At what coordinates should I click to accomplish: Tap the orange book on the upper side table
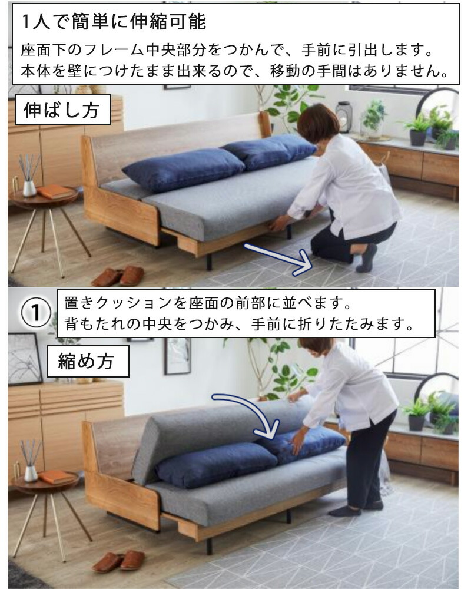54,191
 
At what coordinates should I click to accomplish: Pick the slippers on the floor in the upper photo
118,276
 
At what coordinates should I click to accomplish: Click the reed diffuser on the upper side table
28,177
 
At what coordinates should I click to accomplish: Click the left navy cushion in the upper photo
183,168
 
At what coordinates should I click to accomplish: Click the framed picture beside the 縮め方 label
177,356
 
